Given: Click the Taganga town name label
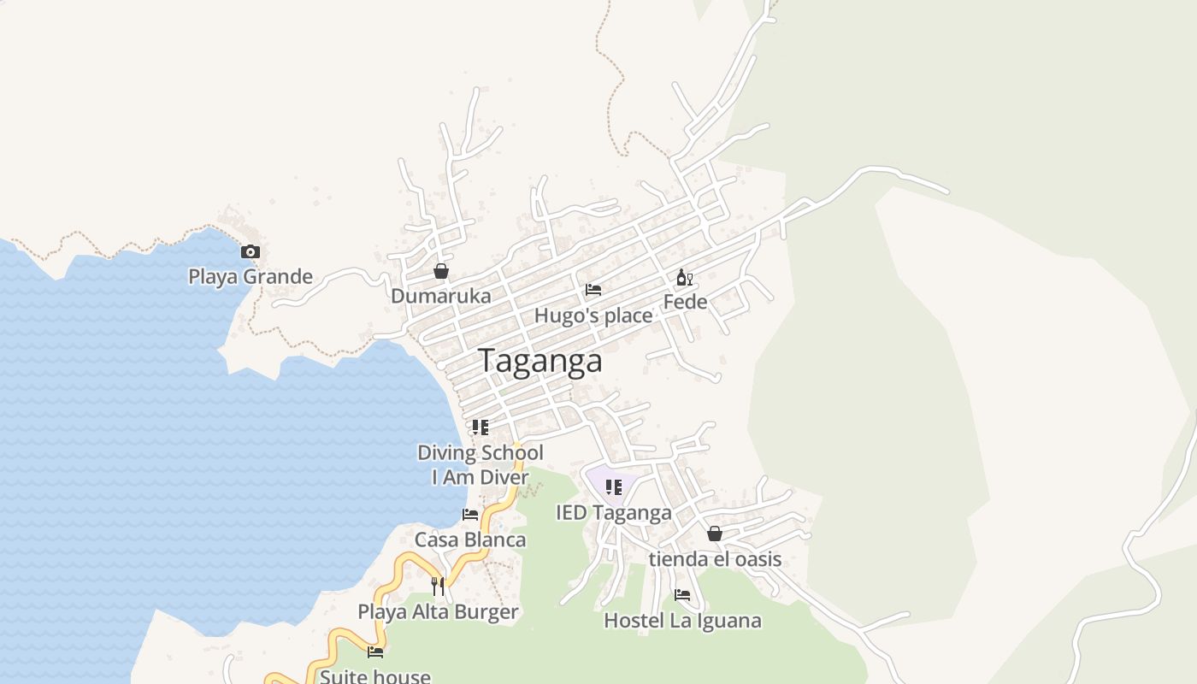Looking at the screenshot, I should pos(540,361).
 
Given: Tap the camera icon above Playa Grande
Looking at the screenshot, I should pos(250,251).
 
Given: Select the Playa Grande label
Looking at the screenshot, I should pos(251,276).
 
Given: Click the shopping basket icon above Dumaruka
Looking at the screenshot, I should pos(441,271).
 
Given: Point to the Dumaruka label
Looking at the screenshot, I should pos(441,296).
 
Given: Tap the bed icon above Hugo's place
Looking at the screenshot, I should pos(593,290).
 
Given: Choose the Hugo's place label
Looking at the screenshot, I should pos(593,315).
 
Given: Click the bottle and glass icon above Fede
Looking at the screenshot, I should pos(685,277).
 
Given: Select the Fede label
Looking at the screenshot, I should pos(685,302).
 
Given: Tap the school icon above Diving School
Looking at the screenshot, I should pos(481,427).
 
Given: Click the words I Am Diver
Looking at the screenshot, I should pos(480,477).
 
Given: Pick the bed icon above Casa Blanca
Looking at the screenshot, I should pos(470,515).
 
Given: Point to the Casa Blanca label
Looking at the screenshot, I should pos(470,540).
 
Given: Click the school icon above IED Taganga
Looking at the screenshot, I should pos(613,487).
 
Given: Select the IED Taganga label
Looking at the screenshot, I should pos(614,513).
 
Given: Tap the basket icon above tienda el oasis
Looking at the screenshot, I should pos(715,534).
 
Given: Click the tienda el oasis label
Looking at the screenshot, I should pos(715,559).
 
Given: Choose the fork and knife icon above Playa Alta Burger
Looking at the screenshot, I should pos(438,586).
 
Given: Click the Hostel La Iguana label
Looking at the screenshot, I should pos(682,620).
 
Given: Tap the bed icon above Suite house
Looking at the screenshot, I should pos(375,652).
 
